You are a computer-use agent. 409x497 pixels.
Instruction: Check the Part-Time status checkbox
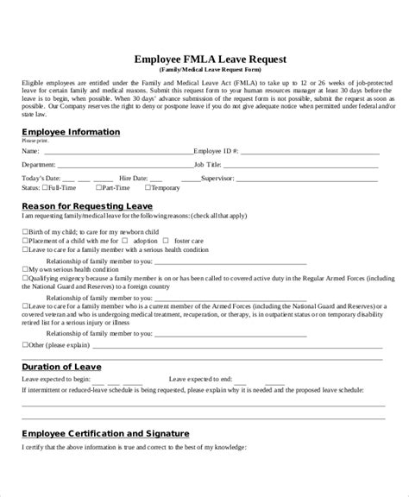point(98,186)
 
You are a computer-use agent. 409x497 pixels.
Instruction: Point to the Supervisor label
point(244,174)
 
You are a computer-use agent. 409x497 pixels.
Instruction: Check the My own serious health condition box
point(24,268)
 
